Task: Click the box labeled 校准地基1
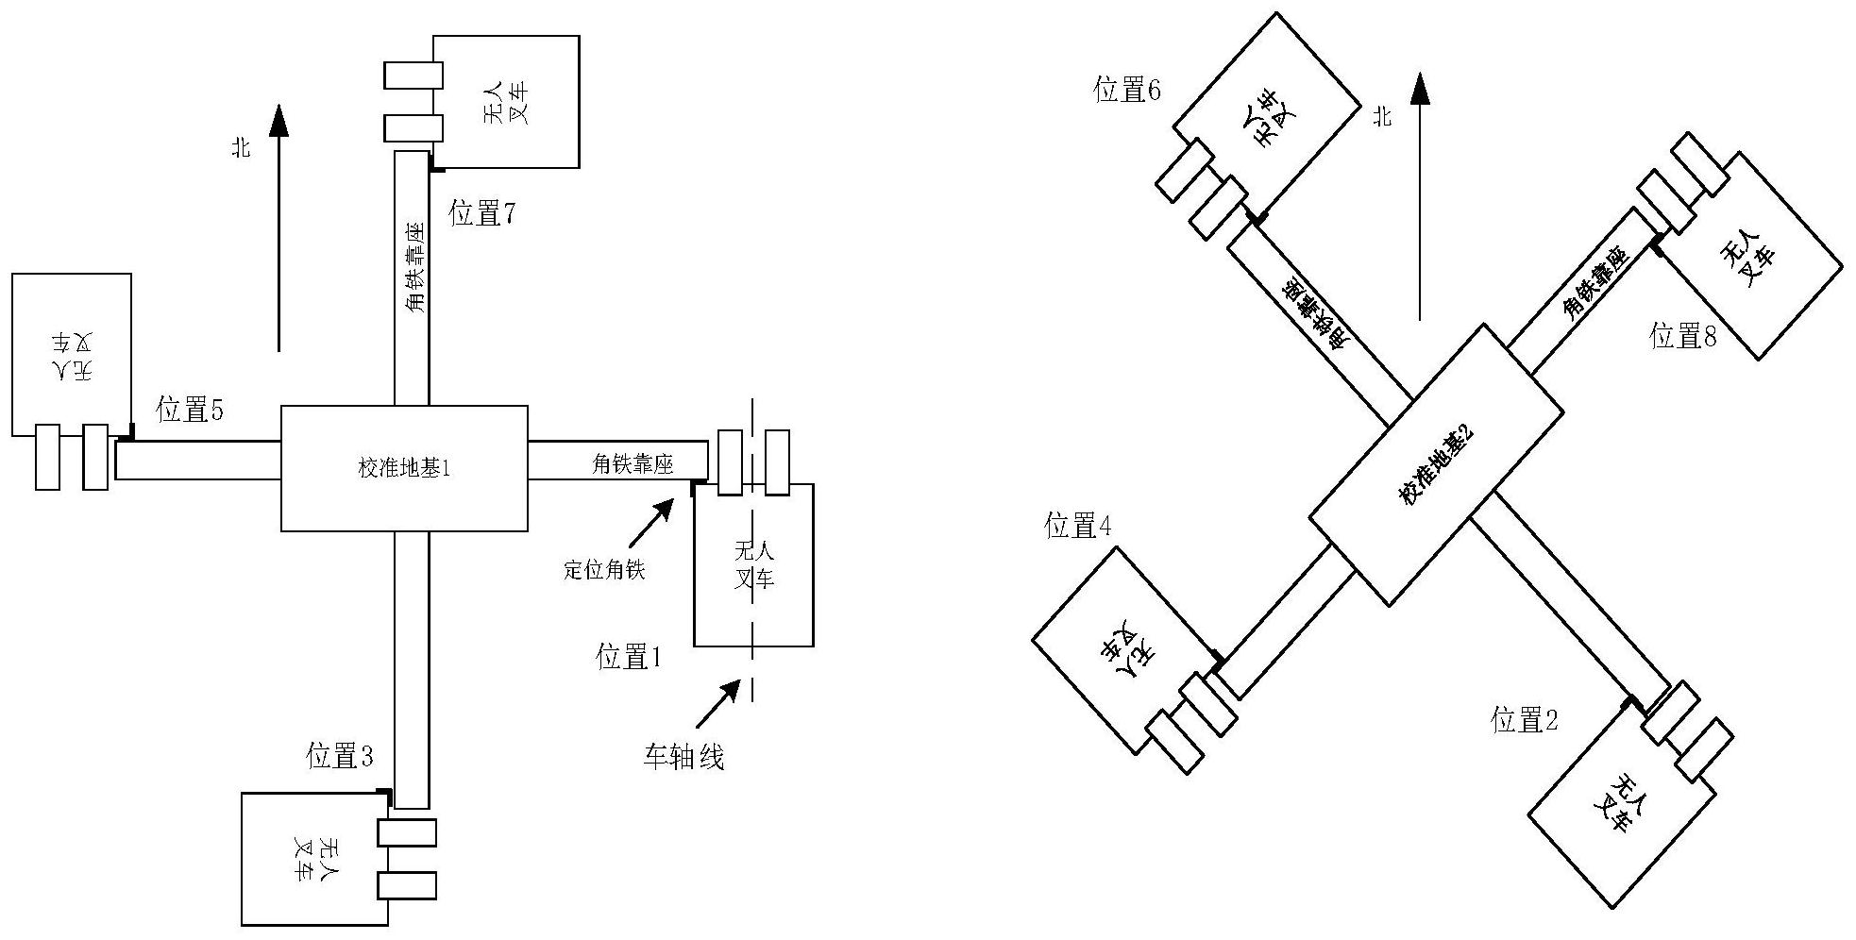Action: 404,468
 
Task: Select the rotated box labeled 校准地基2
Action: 1436,464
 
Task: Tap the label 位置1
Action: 629,656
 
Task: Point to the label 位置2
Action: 1524,721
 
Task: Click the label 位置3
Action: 340,756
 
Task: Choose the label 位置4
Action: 1077,527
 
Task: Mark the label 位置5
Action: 191,410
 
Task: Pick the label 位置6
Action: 1127,90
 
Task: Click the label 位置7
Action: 482,213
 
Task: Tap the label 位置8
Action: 1682,336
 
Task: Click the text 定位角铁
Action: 604,570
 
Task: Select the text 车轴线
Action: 683,757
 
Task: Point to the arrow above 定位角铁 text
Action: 651,522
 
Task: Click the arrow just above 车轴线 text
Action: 718,703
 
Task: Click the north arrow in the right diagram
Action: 1420,198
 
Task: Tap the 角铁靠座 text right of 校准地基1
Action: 632,463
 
